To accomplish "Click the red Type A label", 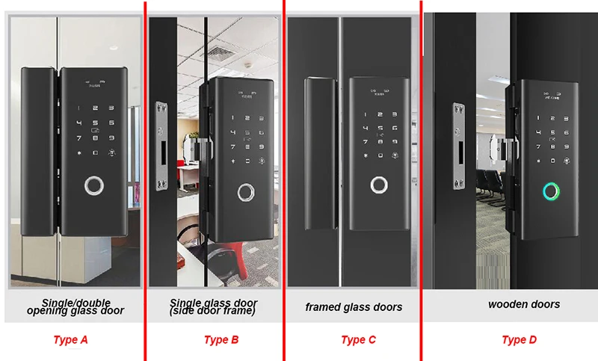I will coord(71,340).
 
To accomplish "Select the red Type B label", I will coord(221,340).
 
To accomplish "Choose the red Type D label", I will coord(519,340).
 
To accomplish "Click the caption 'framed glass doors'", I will coord(354,307).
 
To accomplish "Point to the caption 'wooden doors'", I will coord(523,304).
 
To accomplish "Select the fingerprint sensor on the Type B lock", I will coord(246,191).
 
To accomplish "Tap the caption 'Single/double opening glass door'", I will coord(75,307).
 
